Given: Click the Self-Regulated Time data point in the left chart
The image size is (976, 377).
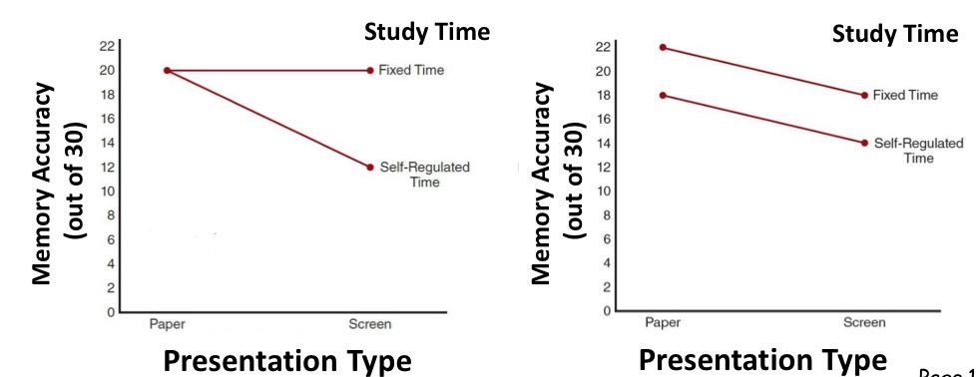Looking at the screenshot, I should point(370,167).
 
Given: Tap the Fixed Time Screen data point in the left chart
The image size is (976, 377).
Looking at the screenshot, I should point(370,70).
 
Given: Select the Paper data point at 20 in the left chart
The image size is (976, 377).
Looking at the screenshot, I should point(167,70).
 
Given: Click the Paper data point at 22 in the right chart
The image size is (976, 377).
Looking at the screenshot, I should point(662,47).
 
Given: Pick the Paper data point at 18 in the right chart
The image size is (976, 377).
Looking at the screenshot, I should point(662,95).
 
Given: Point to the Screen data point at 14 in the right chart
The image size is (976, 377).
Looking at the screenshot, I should point(864,143).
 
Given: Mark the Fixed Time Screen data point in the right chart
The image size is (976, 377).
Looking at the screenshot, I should point(864,95).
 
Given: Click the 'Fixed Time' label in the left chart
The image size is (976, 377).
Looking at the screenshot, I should point(411,70).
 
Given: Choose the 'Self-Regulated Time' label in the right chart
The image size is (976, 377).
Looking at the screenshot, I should point(918,151).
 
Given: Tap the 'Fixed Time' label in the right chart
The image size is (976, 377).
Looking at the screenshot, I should point(905,95).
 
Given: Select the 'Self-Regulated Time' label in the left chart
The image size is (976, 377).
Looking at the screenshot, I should point(424,175).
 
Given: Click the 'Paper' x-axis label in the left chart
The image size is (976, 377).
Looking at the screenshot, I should point(167,324).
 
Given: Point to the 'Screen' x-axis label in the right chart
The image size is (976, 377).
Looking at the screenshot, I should point(864,322).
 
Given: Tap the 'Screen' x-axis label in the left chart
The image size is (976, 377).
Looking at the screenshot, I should point(370,324).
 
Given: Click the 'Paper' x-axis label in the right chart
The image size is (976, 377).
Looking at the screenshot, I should point(662,322).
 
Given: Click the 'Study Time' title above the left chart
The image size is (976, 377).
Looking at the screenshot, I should point(426,32).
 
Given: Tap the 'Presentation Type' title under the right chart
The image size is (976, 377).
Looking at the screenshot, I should point(762,359).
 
